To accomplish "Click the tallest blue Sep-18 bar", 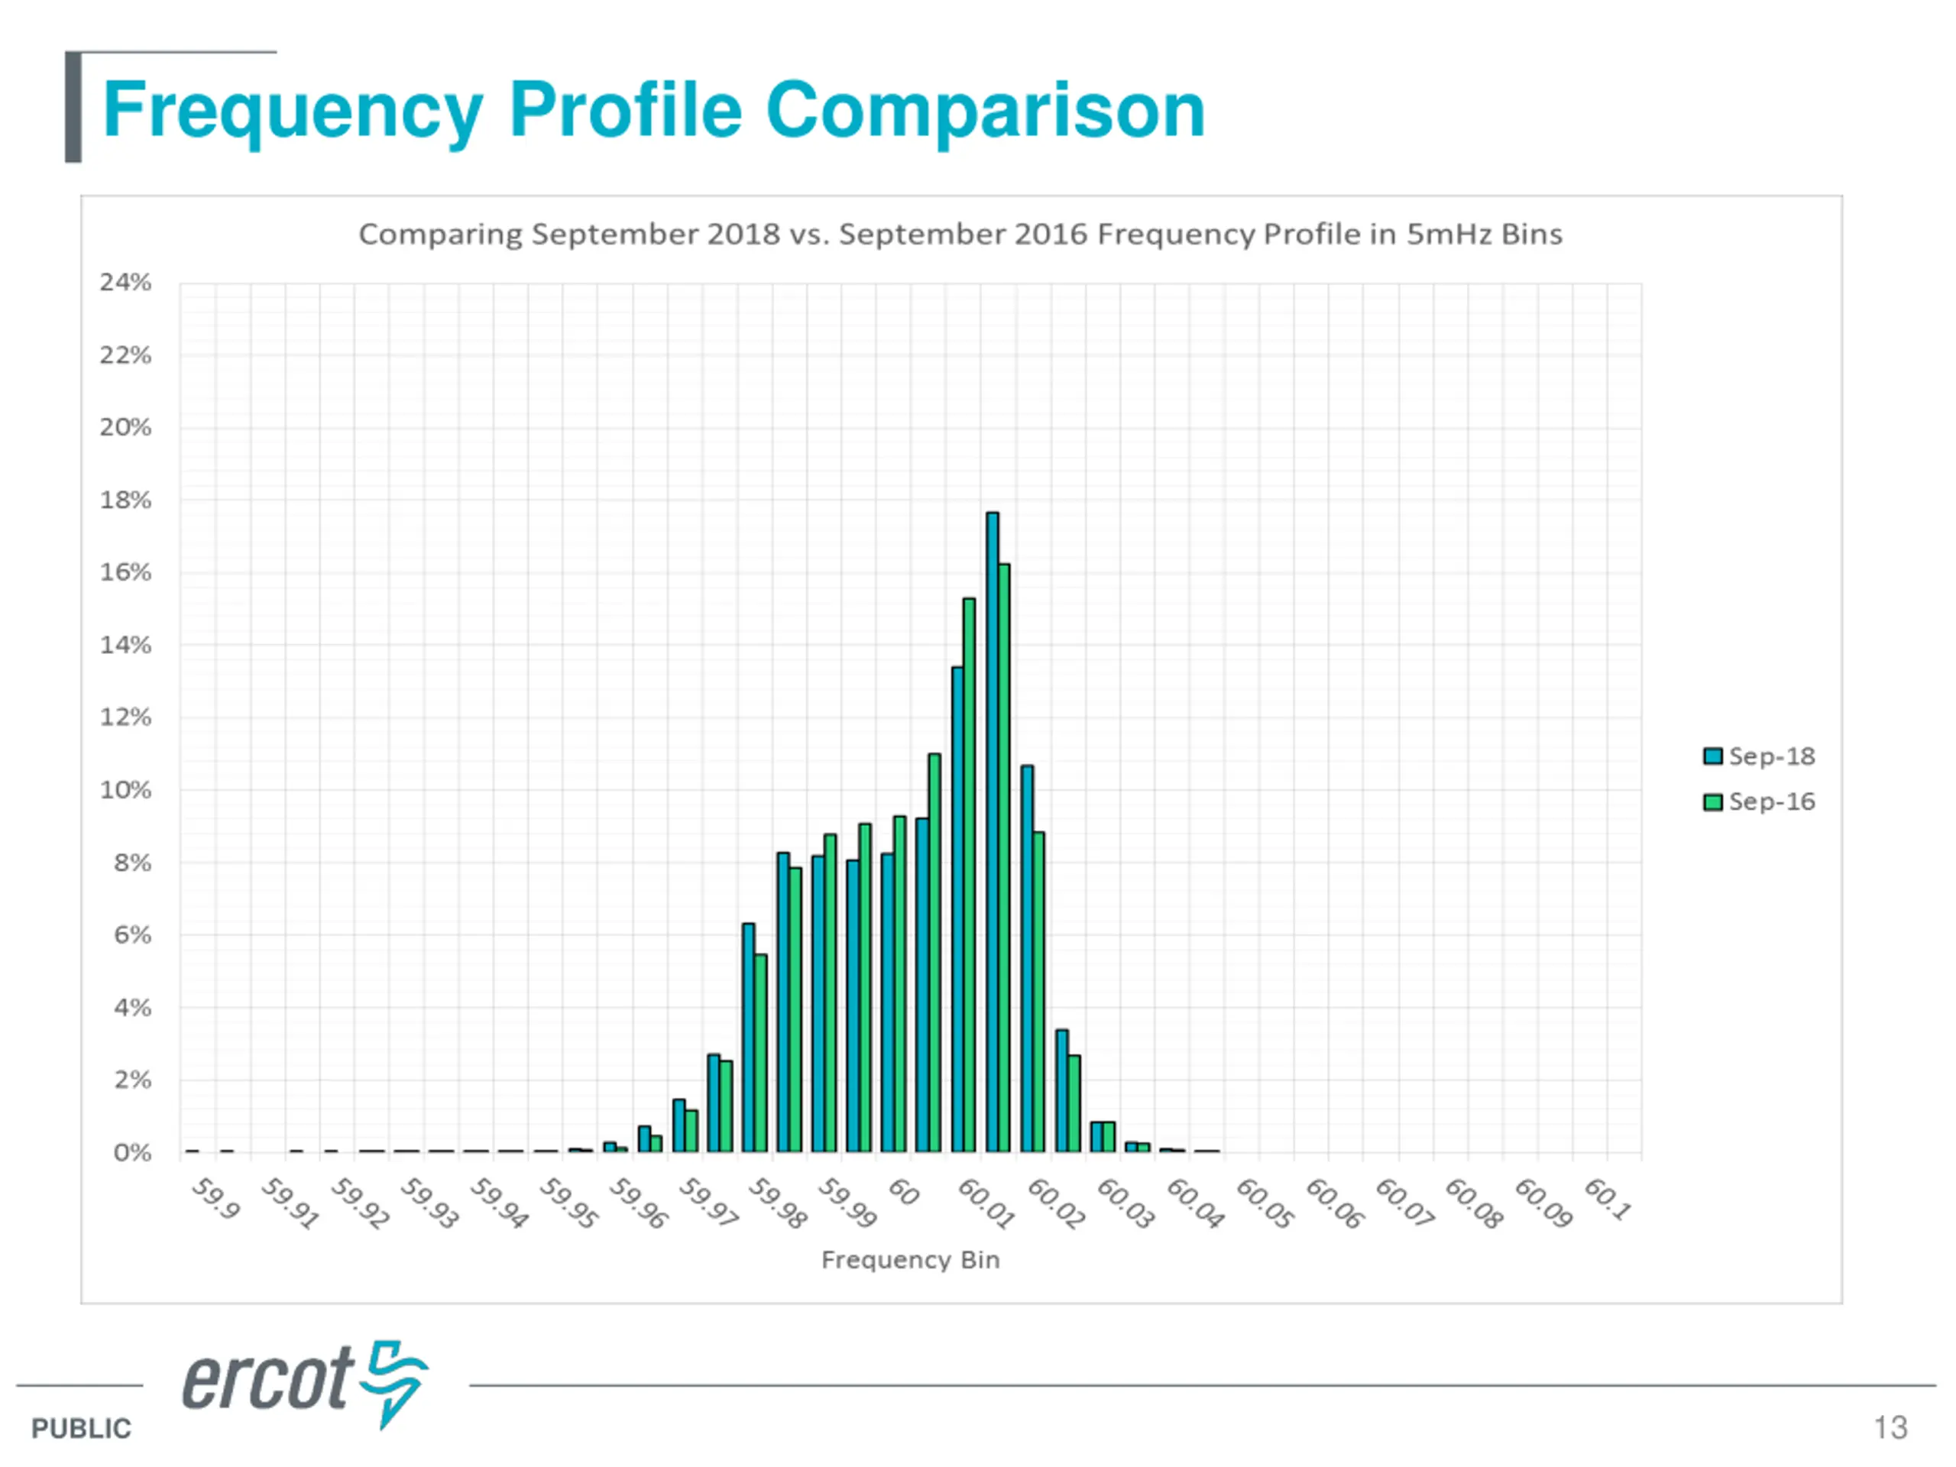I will pyautogui.click(x=993, y=831).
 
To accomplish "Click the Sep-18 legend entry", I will pyautogui.click(x=1759, y=756).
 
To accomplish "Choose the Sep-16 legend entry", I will pyautogui.click(x=1759, y=802).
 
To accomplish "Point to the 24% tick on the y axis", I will pyautogui.click(x=125, y=282).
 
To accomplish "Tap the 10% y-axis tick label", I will pyautogui.click(x=125, y=789).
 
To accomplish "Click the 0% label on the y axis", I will pyautogui.click(x=133, y=1152).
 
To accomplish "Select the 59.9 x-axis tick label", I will pyautogui.click(x=215, y=1199).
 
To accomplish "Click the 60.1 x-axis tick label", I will pyautogui.click(x=1608, y=1199).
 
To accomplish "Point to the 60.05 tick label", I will pyautogui.click(x=1265, y=1203).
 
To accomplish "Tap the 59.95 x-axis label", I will pyautogui.click(x=568, y=1203).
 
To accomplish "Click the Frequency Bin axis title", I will pyautogui.click(x=910, y=1259).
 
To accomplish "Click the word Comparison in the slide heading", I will pyautogui.click(x=985, y=110).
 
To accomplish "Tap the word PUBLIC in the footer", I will pyautogui.click(x=81, y=1428).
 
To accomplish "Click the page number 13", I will pyautogui.click(x=1890, y=1427).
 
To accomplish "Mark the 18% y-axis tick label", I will pyautogui.click(x=125, y=500).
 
